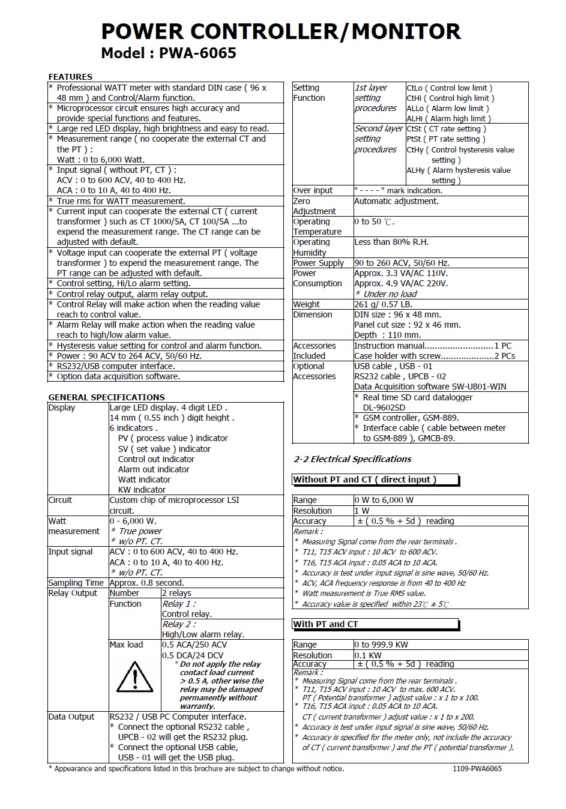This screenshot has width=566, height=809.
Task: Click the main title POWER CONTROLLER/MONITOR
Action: [x=280, y=31]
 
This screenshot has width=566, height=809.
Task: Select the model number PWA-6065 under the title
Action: [x=197, y=53]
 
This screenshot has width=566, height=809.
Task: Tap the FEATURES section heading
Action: [x=70, y=77]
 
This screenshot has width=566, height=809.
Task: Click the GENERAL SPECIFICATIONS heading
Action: [x=106, y=397]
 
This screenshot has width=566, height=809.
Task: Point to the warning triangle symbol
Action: [x=134, y=678]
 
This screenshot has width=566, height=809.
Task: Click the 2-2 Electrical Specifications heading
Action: [x=352, y=459]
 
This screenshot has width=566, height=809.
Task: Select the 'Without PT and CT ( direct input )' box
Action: [x=375, y=480]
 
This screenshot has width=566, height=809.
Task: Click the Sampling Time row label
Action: [x=76, y=583]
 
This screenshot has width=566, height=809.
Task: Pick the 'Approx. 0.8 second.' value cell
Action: [x=147, y=583]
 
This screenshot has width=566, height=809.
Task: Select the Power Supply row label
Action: [x=319, y=263]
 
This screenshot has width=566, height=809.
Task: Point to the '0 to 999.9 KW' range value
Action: [x=381, y=645]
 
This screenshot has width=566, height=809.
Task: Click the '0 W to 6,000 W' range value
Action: [x=384, y=500]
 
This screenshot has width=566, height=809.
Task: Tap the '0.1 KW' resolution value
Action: [x=368, y=655]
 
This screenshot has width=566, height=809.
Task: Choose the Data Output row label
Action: [x=71, y=717]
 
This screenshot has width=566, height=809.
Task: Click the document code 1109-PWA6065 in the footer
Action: [x=477, y=768]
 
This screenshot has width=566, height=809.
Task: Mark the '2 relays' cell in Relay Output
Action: [x=176, y=593]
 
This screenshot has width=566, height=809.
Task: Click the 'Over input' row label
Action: [x=313, y=190]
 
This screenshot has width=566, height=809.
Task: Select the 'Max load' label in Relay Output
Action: [x=126, y=645]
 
